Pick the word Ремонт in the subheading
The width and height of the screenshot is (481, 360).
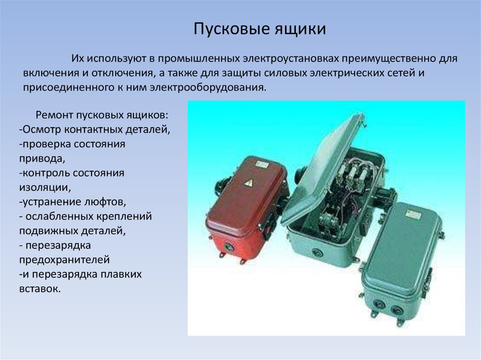[x=54, y=115]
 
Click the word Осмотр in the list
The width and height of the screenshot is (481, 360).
[x=42, y=130]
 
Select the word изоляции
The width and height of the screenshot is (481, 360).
[x=45, y=187]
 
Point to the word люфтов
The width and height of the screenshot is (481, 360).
[x=103, y=202]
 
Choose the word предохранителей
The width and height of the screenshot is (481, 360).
[x=64, y=260]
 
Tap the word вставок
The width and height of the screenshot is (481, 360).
[x=40, y=289]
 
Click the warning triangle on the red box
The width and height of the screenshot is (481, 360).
[x=248, y=183]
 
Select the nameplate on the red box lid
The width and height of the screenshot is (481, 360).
[x=263, y=165]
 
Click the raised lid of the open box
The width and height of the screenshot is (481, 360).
[x=323, y=168]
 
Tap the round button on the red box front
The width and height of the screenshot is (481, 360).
[x=228, y=246]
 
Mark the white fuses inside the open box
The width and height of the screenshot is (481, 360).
[x=353, y=173]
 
